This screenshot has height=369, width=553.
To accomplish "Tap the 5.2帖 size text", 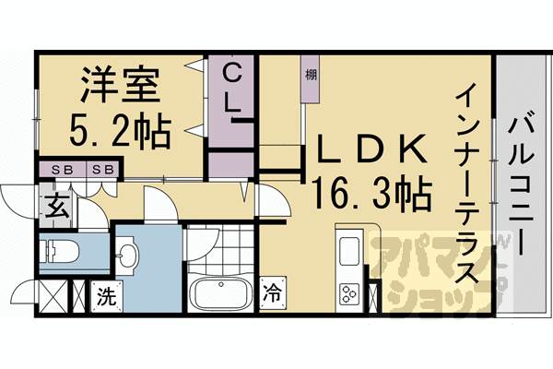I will pos(120,131).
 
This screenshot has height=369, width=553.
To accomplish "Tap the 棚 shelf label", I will pos(311,75).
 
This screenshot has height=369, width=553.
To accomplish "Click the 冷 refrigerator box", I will pos(274,295).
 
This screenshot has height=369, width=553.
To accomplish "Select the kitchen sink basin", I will pos(350,252).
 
